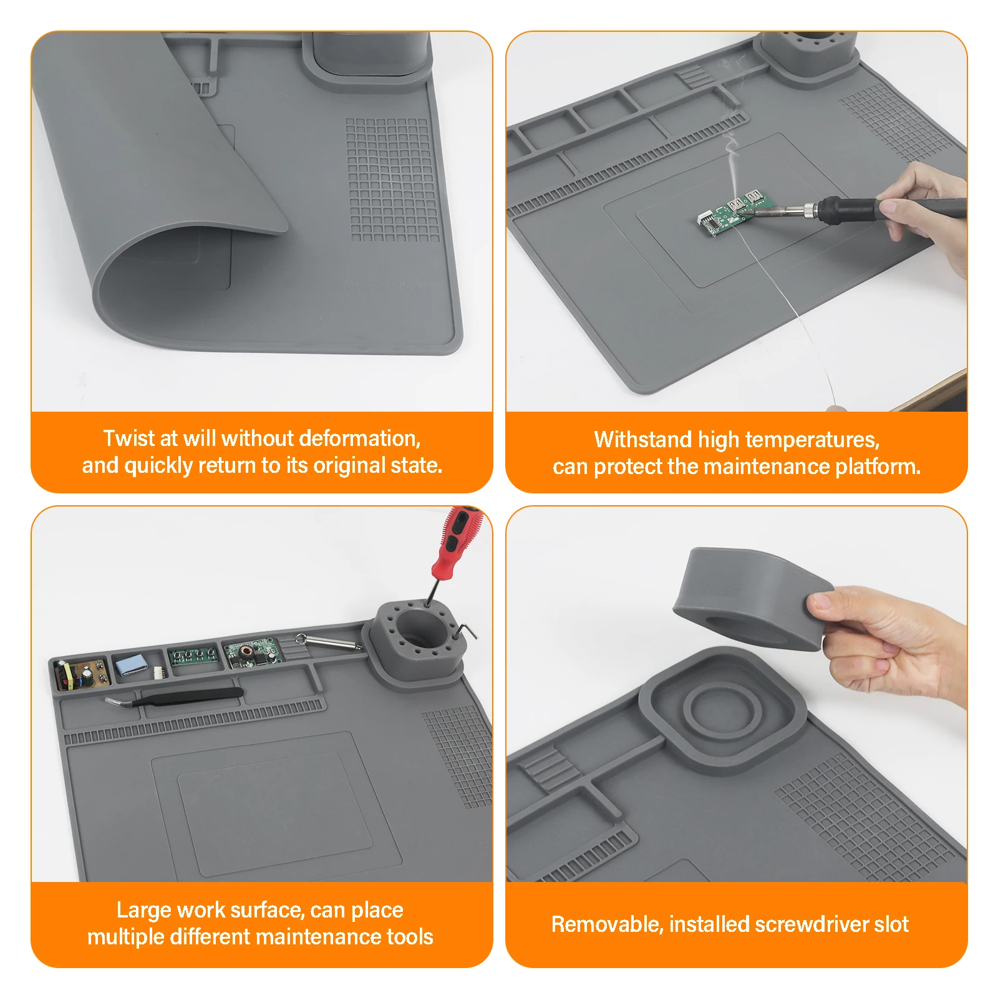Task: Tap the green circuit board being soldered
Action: [736, 214]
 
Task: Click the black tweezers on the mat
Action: [175, 697]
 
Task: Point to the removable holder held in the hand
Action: [753, 599]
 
